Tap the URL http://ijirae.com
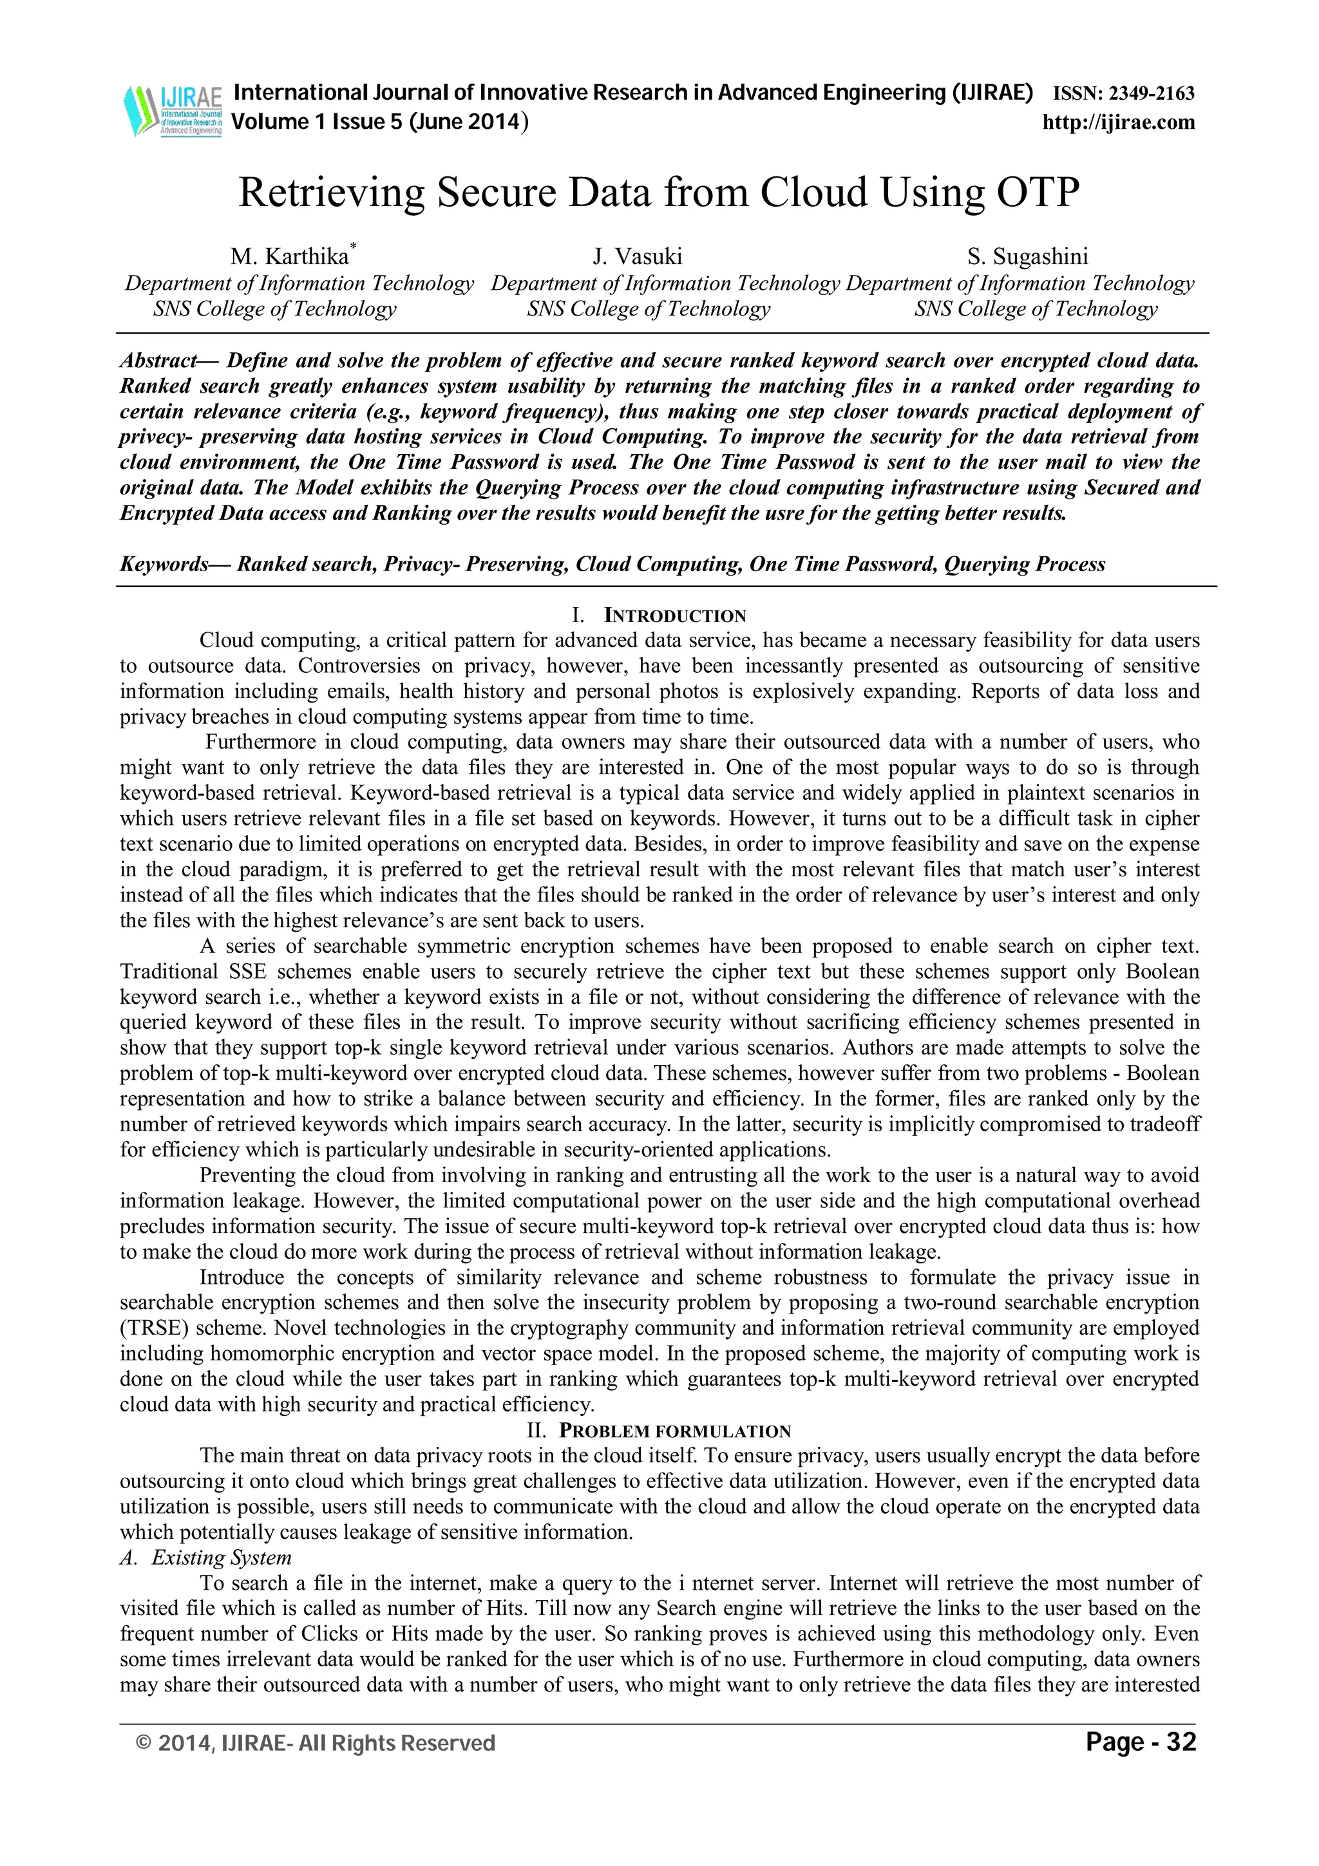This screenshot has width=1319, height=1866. (1118, 123)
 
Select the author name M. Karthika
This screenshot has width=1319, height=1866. (289, 258)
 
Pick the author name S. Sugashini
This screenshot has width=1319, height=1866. (1027, 258)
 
